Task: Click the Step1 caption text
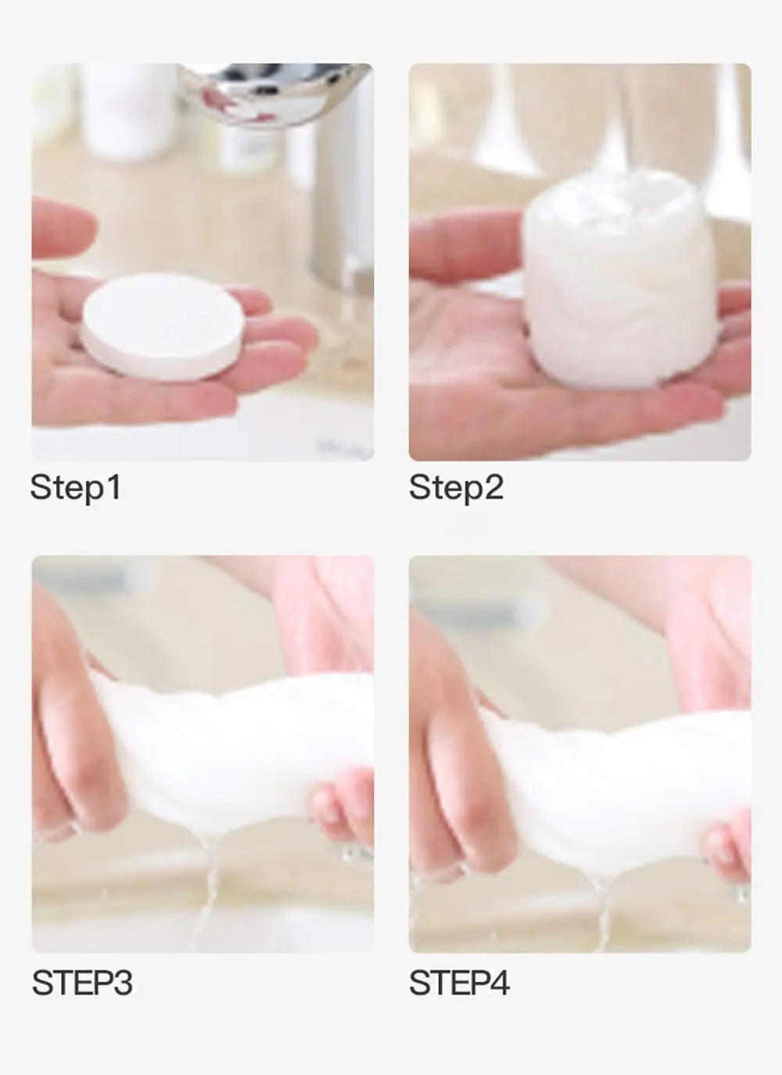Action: [x=75, y=487]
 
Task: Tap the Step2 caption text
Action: [x=456, y=487]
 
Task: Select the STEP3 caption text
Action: [x=82, y=983]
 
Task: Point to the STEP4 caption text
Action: [x=459, y=983]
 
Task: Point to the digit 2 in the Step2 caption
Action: [x=493, y=487]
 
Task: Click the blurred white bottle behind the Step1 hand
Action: [x=129, y=109]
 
